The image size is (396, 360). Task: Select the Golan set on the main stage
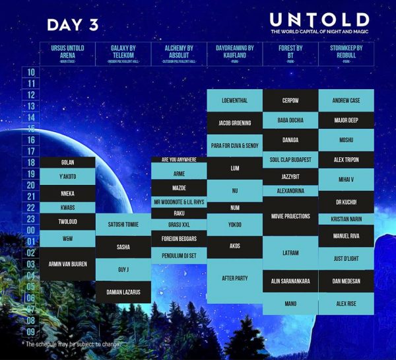(67, 162)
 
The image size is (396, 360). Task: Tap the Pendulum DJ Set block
(179, 255)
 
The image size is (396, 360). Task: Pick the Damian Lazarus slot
(123, 291)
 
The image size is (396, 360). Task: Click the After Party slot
(235, 279)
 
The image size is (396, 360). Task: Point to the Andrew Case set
(346, 100)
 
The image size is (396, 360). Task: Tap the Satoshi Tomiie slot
(123, 225)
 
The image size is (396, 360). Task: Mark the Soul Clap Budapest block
(290, 160)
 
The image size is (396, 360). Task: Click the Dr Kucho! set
(346, 201)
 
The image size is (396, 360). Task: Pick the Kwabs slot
(67, 207)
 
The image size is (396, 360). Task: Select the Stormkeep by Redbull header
(346, 53)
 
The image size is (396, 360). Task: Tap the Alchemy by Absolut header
(179, 53)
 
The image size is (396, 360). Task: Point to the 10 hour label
(30, 73)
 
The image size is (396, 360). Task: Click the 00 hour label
(30, 231)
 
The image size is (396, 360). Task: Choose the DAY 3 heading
(73, 24)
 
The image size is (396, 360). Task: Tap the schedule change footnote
(73, 344)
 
